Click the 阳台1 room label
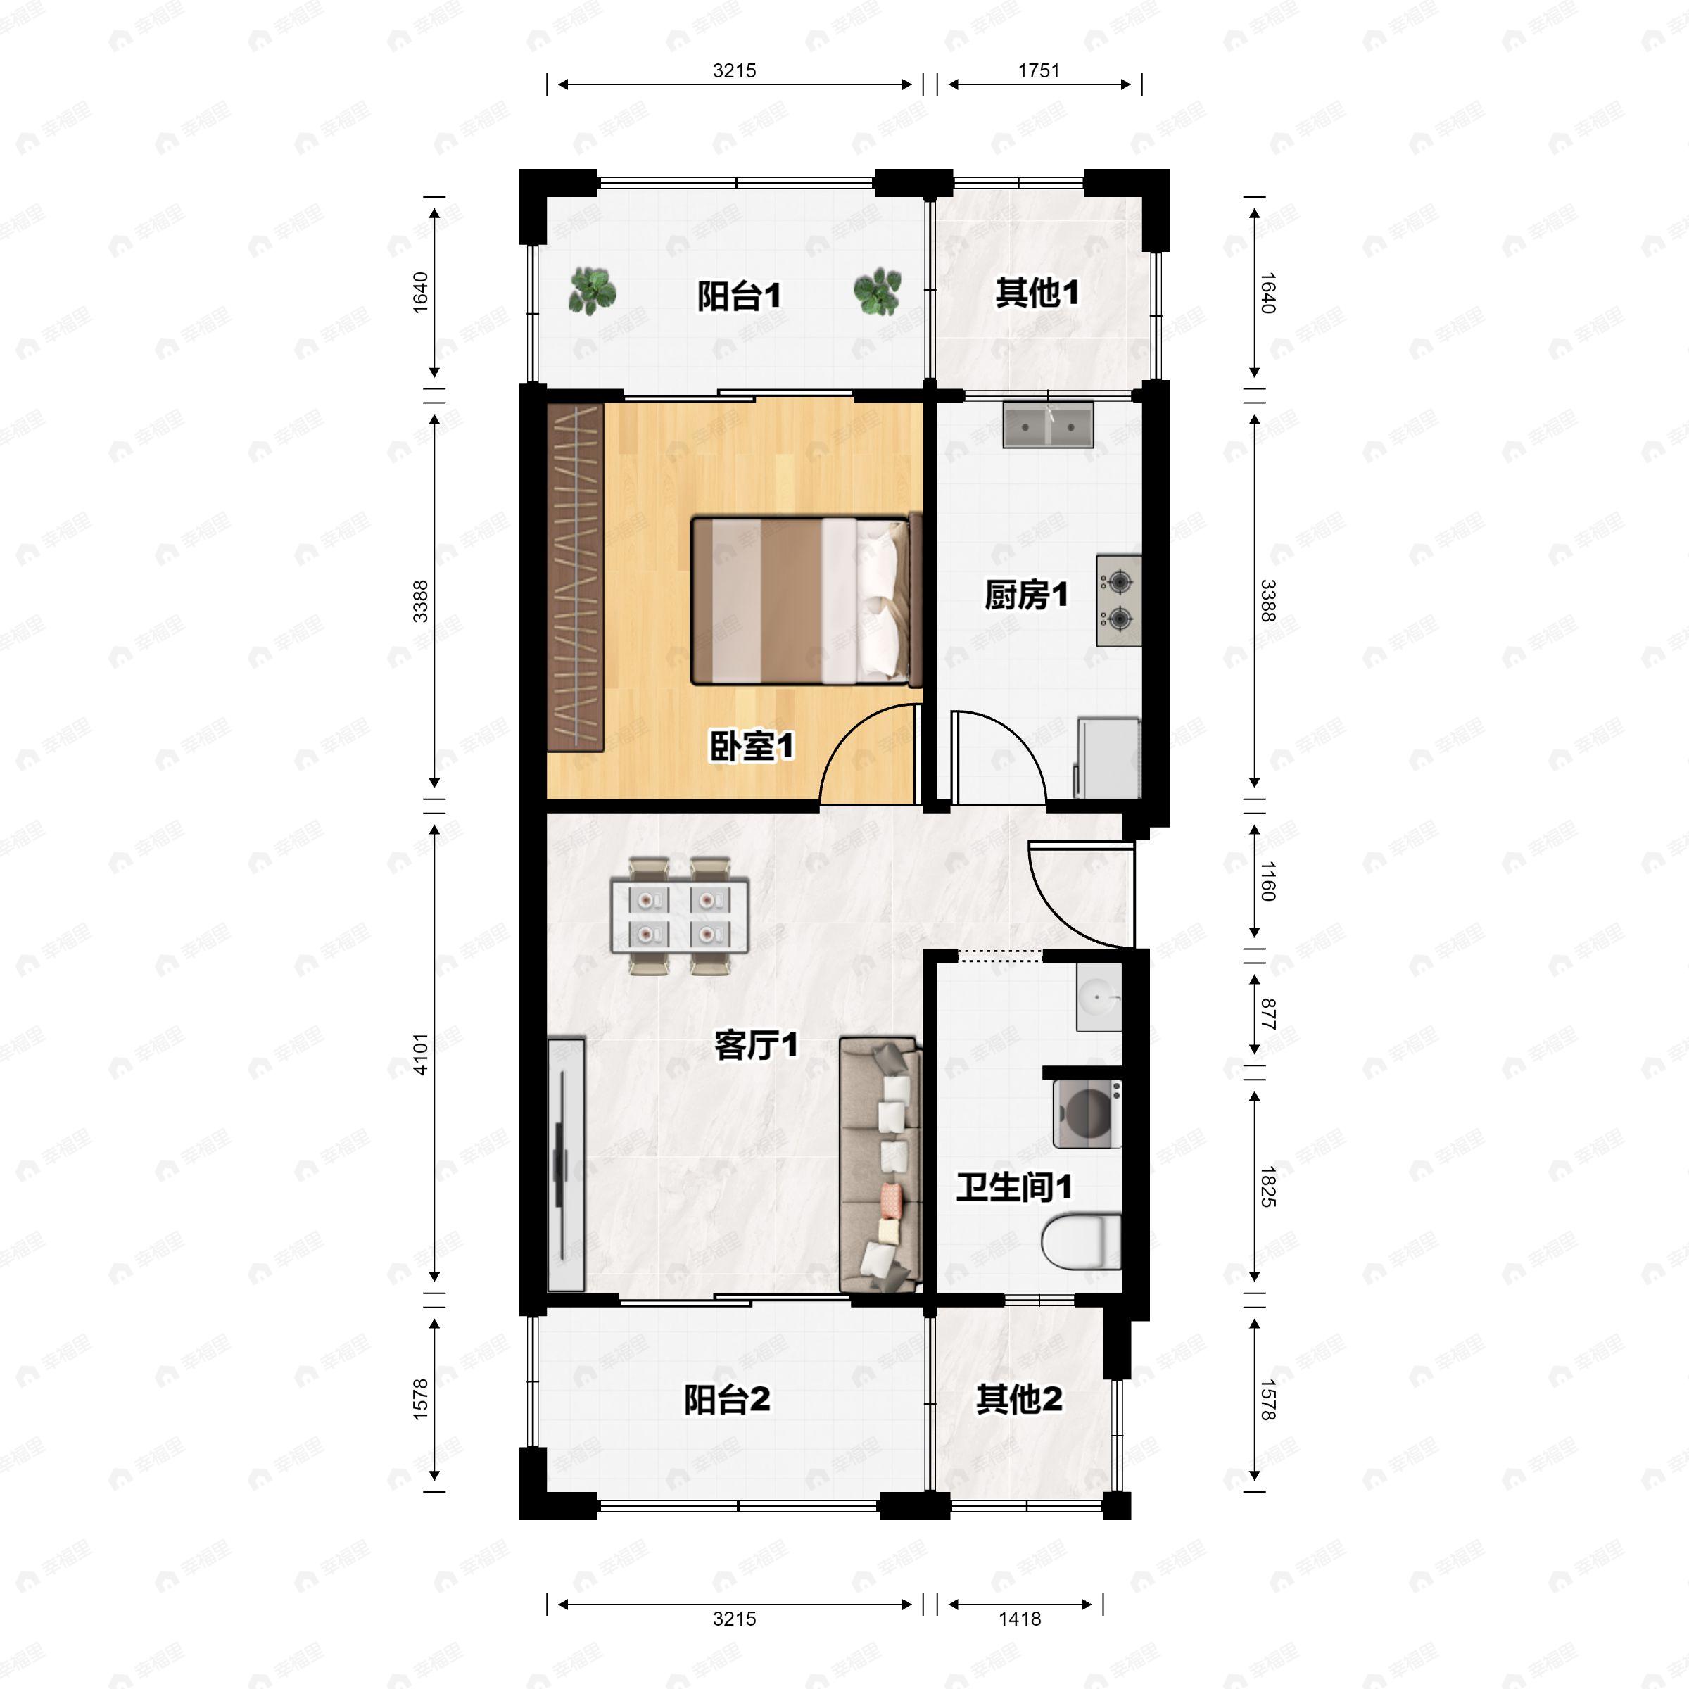[x=739, y=296]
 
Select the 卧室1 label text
[x=751, y=746]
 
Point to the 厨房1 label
[x=1026, y=595]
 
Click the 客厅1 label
[x=757, y=1044]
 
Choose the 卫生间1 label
[x=1014, y=1187]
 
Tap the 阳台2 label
[x=726, y=1400]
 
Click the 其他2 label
[x=1019, y=1399]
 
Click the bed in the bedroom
[x=807, y=600]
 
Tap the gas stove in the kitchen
[x=1119, y=600]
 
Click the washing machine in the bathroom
[x=1087, y=1114]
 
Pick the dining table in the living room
[x=679, y=916]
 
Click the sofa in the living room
[x=880, y=1165]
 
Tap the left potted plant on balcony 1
[x=592, y=291]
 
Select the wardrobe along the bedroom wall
[x=575, y=577]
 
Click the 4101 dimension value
[x=421, y=1054]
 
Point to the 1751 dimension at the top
[x=1039, y=71]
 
